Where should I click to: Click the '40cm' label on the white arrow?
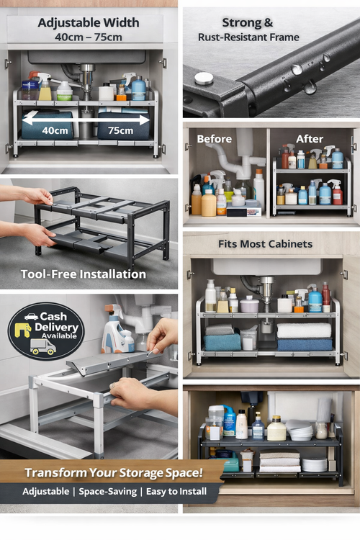point(55,130)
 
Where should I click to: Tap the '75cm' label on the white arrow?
point(120,130)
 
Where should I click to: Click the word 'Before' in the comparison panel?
point(215,139)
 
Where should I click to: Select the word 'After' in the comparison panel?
point(310,139)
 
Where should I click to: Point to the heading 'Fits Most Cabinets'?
point(265,244)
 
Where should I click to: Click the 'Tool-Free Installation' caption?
point(84,274)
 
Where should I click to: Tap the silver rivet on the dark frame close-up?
point(204,78)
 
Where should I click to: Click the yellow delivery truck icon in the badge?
point(42,347)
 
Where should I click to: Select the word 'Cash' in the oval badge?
point(53,316)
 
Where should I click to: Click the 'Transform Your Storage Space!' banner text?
point(114,472)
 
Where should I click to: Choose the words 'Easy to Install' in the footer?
point(176,492)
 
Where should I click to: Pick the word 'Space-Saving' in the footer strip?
point(108,492)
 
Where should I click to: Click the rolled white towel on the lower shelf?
point(304,330)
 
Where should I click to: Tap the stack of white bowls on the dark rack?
point(300,430)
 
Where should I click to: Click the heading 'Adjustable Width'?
point(89,23)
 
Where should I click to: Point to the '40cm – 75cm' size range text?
point(88,37)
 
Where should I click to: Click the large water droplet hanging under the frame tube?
point(310,88)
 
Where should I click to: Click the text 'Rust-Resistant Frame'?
point(248,37)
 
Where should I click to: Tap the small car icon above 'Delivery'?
point(32,316)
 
